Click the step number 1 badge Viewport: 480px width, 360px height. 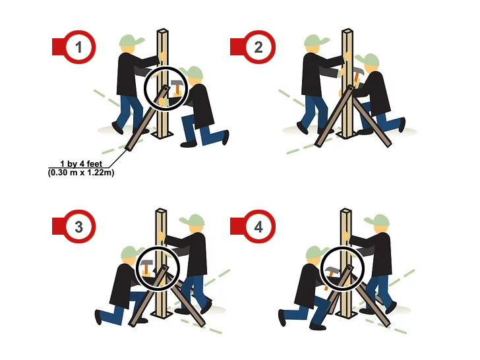point(79,47)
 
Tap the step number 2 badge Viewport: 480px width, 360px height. point(258,47)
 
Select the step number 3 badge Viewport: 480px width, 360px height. point(79,227)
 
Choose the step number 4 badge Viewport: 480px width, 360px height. point(258,227)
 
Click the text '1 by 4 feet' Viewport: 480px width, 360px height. point(81,164)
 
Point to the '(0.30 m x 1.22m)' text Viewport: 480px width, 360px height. point(81,173)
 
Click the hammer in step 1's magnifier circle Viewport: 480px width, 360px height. point(177,87)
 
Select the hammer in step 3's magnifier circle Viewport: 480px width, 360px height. point(146,267)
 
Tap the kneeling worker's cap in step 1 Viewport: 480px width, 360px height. point(192,73)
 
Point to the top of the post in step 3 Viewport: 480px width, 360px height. point(161,211)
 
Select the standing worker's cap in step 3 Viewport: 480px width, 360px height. point(193,220)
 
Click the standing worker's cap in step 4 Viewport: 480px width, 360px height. point(377,220)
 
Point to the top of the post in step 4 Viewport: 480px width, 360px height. point(346,211)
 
